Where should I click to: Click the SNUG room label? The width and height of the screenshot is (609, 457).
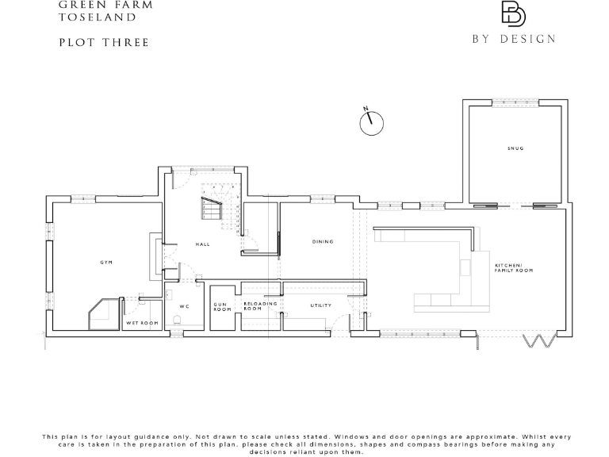[x=516, y=148]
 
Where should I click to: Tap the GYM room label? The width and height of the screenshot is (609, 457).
[x=105, y=262]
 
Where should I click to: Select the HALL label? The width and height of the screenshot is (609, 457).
[x=202, y=244]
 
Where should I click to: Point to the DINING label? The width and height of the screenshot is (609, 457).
[x=322, y=241]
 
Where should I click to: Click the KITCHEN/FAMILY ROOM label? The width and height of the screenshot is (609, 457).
[x=513, y=267]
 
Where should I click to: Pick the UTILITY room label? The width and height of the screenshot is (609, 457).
[x=320, y=305]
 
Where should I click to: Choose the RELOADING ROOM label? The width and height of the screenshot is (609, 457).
[x=260, y=305]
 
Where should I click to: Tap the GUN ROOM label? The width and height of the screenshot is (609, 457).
[x=222, y=307]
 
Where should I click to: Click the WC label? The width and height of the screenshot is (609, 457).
[x=184, y=306]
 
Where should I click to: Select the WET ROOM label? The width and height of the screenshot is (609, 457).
[x=143, y=324]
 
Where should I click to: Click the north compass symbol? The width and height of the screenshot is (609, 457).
[x=371, y=122]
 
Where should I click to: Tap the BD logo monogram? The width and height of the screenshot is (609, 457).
[x=513, y=14]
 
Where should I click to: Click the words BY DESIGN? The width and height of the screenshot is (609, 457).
[x=514, y=39]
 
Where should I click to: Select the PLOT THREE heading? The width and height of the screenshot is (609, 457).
[x=104, y=42]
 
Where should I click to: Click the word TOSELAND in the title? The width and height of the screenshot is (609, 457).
[x=97, y=17]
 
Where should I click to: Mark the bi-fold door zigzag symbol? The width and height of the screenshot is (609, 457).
[x=539, y=341]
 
